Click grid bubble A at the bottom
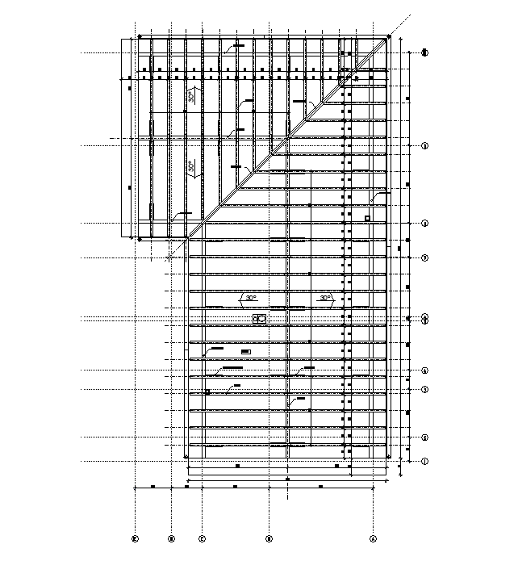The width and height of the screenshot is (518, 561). click(373, 538)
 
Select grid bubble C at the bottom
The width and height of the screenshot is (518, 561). click(202, 538)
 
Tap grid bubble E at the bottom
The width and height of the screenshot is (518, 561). click(136, 538)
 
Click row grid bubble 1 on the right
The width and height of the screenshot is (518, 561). click(424, 461)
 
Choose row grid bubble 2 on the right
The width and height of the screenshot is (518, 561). click(424, 437)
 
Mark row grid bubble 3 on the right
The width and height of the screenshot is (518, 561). click(424, 389)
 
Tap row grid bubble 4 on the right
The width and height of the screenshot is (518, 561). click(424, 371)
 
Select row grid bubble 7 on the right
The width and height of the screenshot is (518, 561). click(424, 257)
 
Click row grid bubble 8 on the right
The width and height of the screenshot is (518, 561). click(424, 224)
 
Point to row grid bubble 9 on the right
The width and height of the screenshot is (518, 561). click(424, 145)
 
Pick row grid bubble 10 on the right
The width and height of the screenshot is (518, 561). click(424, 53)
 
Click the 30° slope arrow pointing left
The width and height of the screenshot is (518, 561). click(251, 299)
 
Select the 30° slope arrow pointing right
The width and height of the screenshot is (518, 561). click(324, 299)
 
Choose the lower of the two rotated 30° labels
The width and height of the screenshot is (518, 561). click(191, 169)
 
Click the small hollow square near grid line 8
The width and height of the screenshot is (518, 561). click(367, 218)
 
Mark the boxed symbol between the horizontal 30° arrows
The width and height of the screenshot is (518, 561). click(260, 319)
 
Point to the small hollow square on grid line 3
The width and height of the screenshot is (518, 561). click(207, 391)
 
